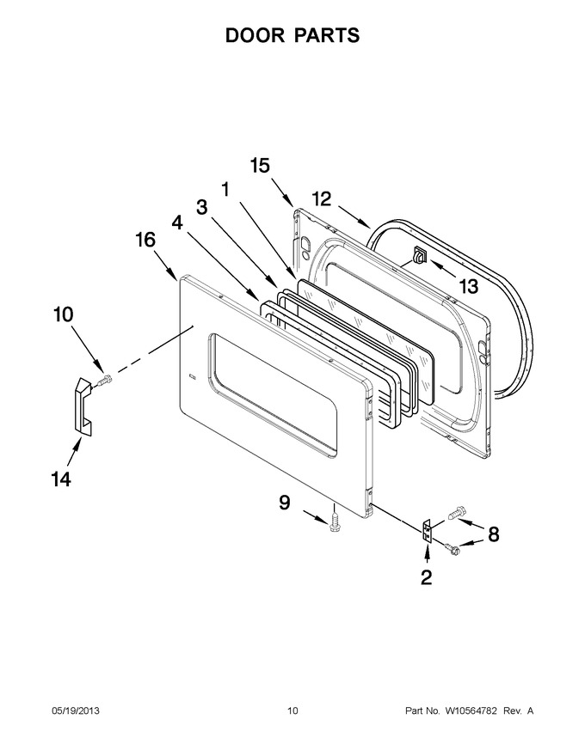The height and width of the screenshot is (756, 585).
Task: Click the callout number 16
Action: (145, 240)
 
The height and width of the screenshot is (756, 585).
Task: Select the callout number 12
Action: (322, 198)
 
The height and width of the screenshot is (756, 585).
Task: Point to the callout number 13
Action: (468, 286)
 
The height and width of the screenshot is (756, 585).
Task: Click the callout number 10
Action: (63, 314)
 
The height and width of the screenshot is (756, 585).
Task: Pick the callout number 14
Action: (61, 479)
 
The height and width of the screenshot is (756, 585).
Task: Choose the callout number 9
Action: (285, 503)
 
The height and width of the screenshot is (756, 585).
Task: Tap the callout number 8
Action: (493, 534)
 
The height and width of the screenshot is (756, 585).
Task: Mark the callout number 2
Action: (426, 577)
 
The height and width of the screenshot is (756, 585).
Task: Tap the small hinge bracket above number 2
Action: (426, 531)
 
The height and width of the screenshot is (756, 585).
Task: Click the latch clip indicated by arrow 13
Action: (420, 254)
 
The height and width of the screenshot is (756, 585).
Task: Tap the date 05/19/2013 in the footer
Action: (76, 711)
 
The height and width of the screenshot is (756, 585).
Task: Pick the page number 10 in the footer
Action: (292, 711)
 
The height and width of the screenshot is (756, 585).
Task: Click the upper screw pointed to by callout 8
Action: (456, 513)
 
